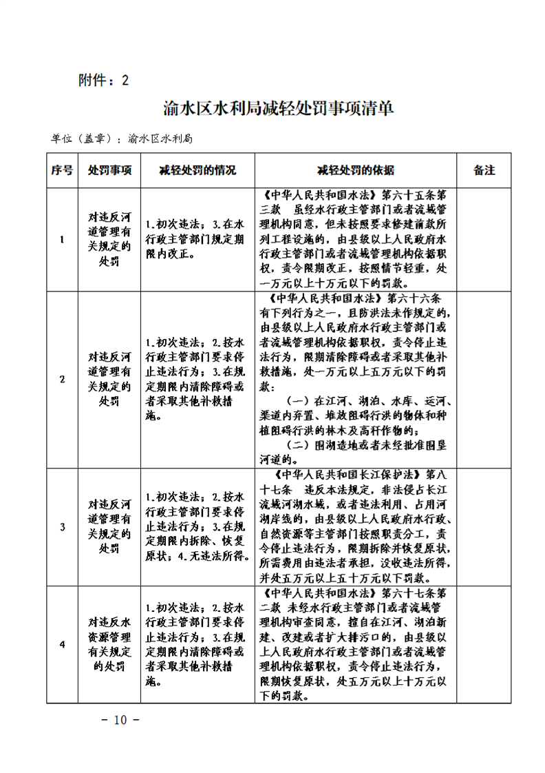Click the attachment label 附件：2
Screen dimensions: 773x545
coord(104,80)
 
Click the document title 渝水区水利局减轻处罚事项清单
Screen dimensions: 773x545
coord(279,109)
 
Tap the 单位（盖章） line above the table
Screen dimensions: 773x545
coord(121,138)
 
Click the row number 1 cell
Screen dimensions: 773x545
coord(62,240)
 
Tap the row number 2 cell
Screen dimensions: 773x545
coord(62,380)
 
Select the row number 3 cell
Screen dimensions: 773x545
coord(62,527)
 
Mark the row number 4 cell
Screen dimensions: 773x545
coord(62,644)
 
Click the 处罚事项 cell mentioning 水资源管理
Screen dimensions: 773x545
coord(109,644)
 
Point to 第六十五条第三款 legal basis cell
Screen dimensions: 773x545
coord(356,239)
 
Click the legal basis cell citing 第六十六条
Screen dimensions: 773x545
coord(356,380)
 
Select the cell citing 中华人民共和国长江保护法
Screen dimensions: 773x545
coord(356,527)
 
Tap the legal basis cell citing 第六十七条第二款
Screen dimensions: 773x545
coord(356,644)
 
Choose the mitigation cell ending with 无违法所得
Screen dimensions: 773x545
coord(197,527)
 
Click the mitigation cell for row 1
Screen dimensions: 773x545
coord(197,239)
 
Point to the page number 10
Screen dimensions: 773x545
coord(120,721)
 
